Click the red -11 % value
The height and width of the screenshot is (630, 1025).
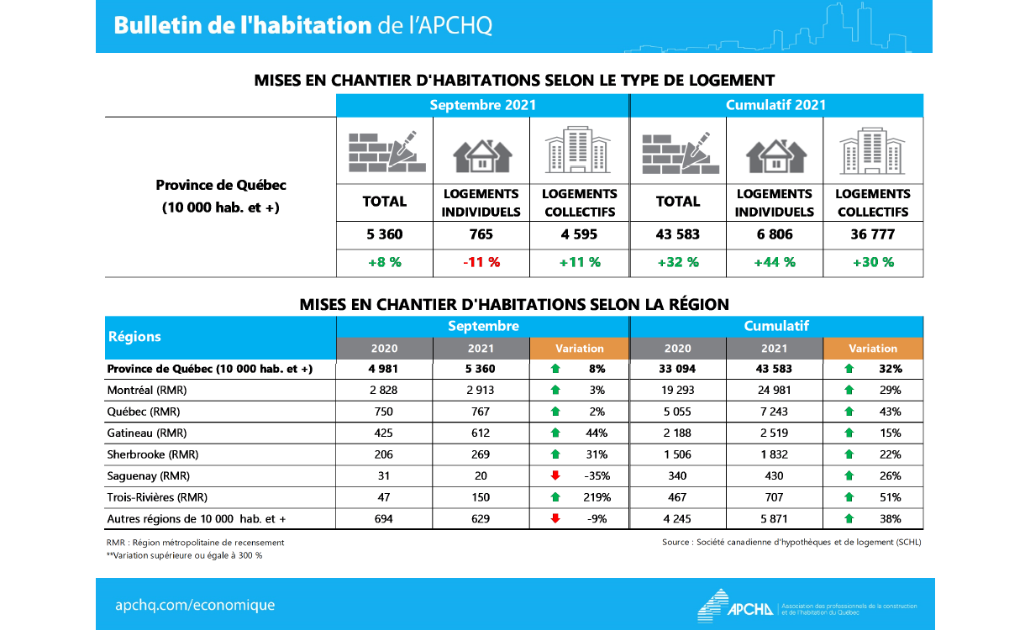tap(481, 262)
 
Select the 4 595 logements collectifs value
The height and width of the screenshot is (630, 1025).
tap(579, 234)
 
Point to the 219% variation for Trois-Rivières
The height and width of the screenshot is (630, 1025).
tap(594, 497)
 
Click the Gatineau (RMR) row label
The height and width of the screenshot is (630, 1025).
tap(147, 433)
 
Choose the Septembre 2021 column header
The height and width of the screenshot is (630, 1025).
tap(482, 105)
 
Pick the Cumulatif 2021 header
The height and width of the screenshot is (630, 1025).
tap(775, 105)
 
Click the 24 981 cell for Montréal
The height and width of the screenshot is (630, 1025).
tap(775, 391)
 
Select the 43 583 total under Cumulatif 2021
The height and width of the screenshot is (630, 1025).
tap(677, 234)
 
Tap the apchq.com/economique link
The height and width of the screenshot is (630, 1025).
tap(195, 605)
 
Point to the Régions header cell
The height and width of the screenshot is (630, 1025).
tap(134, 337)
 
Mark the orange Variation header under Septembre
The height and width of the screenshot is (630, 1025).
tap(579, 349)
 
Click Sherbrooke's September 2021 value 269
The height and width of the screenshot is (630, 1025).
tap(481, 454)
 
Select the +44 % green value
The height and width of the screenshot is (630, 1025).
tap(775, 262)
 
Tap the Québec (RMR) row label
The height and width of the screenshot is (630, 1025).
tap(144, 412)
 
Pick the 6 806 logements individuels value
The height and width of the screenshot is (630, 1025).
tap(775, 234)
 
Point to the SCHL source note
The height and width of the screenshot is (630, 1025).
tap(791, 543)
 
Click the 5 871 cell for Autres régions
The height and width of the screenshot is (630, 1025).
tap(775, 519)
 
